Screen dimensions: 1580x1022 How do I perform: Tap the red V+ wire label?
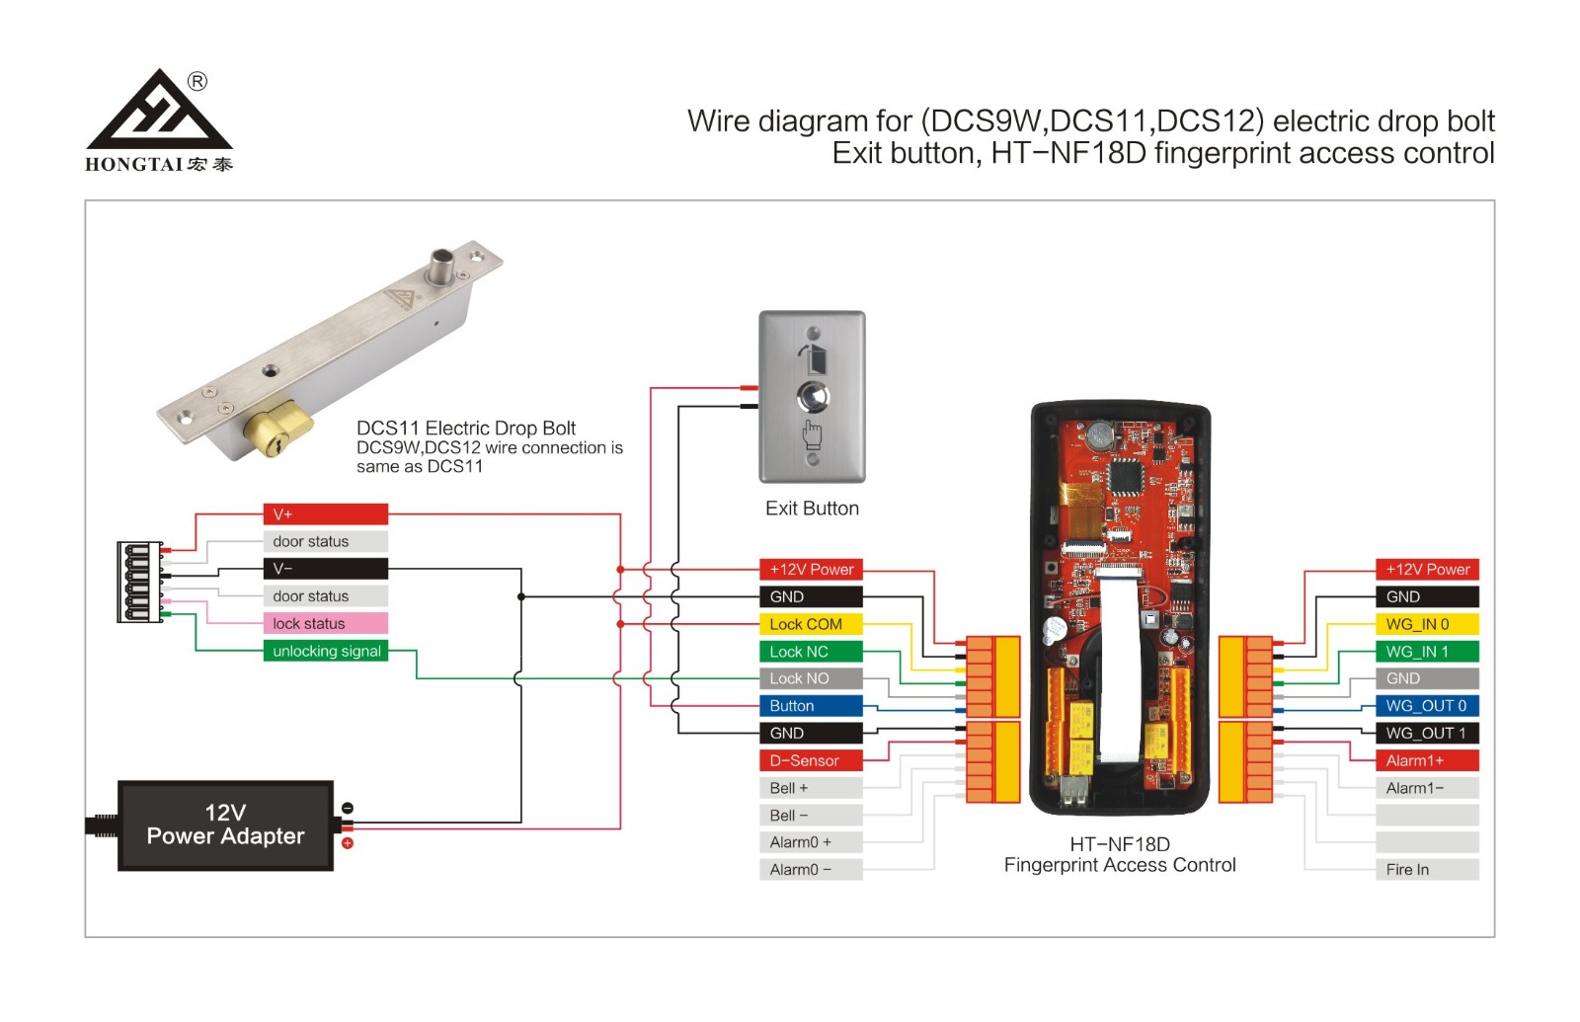click(326, 514)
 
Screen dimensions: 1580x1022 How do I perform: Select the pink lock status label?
click(326, 623)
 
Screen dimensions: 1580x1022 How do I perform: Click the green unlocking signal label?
click(326, 651)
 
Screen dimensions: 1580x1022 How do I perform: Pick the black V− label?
click(326, 569)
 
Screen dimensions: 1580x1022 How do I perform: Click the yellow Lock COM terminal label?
click(811, 624)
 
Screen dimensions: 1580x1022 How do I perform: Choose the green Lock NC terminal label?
click(811, 652)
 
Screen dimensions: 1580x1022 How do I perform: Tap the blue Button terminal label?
click(811, 706)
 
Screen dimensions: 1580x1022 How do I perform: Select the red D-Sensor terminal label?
click(811, 760)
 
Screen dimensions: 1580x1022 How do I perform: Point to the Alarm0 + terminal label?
click(811, 842)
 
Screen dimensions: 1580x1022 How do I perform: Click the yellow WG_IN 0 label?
click(1427, 624)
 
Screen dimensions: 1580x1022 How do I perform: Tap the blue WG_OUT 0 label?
click(1427, 706)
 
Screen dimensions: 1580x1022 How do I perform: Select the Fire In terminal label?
click(1427, 870)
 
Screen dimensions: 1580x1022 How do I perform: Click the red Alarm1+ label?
click(1427, 760)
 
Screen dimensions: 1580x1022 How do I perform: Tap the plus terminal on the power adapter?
click(348, 843)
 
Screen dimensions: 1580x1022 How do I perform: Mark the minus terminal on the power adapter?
click(348, 809)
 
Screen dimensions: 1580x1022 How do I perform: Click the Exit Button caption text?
click(812, 509)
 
